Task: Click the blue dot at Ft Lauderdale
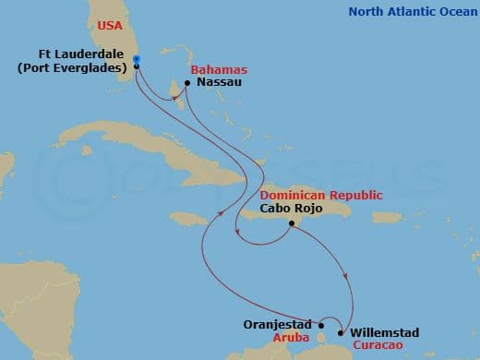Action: click(136, 59)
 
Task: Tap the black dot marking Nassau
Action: click(187, 83)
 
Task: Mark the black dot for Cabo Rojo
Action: click(291, 222)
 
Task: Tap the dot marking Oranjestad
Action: click(321, 324)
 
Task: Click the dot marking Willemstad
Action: click(342, 333)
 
